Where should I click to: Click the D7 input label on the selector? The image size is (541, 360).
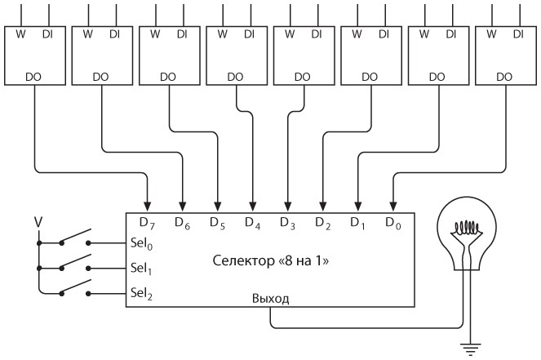coord(147,222)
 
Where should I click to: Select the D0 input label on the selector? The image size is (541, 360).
coord(392,222)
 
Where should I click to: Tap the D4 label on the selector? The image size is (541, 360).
coord(252,222)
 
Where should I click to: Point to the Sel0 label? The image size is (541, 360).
coord(141,242)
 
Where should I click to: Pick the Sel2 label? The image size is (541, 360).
coord(141,292)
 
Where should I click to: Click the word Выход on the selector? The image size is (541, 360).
coord(270,299)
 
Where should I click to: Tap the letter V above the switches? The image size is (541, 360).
coord(38,221)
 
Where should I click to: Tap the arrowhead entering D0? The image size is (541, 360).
coord(392,205)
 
